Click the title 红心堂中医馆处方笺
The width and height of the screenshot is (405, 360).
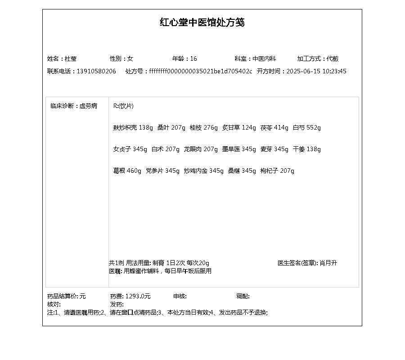[x=202, y=22]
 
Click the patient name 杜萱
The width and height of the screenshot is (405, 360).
[x=71, y=59]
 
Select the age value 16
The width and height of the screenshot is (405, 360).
[x=193, y=59]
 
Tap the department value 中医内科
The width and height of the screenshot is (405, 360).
[x=264, y=59]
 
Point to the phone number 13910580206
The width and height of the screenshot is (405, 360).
[x=96, y=72]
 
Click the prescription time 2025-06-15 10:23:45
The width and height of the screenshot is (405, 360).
[x=316, y=72]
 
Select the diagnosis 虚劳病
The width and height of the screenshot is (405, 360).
[x=88, y=106]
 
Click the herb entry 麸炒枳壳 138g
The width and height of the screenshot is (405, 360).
[x=133, y=128]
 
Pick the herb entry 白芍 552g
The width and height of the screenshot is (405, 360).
[x=307, y=128]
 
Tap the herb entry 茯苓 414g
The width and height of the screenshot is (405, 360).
[x=274, y=128]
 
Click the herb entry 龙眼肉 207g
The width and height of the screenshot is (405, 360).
[x=201, y=149]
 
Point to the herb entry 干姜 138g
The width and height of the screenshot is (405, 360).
[x=307, y=149]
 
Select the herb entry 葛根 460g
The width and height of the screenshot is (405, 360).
[x=127, y=171]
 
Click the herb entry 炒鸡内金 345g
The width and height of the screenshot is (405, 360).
[x=203, y=171]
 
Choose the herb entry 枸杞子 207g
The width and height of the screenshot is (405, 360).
[x=277, y=171]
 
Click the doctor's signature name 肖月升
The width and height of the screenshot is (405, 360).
[x=328, y=263]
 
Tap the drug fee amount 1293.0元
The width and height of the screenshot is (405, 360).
[x=138, y=297]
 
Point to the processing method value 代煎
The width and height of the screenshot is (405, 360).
[x=333, y=59]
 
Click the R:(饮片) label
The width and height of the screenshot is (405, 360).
[x=123, y=106]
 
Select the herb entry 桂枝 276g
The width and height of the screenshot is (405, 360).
[x=203, y=128]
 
